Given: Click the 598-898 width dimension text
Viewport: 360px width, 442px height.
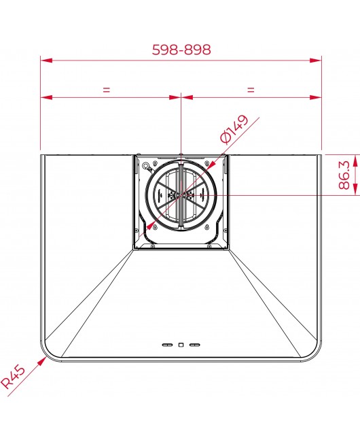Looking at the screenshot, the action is coord(181,50).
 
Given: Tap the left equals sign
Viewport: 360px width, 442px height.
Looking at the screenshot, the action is coord(106,90).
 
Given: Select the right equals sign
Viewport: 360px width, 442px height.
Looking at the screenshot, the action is coord(251,90).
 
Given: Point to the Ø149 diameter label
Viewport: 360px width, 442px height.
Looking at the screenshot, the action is coord(234,129).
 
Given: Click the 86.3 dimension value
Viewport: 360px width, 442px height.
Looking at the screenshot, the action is coord(344,175).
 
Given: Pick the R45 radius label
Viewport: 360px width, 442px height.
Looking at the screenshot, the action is coord(13,376).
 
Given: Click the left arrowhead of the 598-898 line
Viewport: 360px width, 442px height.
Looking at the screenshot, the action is coord(46,60).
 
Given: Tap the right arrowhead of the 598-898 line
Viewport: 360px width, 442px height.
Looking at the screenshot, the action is coord(316,60).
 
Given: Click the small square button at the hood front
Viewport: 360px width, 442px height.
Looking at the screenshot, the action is coord(181,345).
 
